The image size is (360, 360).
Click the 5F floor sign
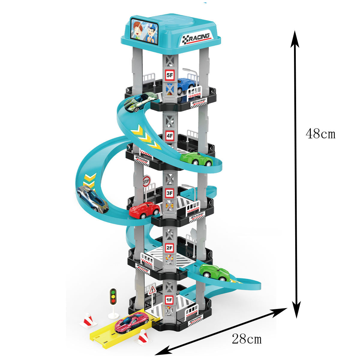[x=170, y=75]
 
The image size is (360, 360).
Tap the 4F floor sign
[x=170, y=136]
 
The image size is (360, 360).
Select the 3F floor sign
[x=170, y=193]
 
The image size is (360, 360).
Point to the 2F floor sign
[x=170, y=248]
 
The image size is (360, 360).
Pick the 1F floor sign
[x=169, y=299]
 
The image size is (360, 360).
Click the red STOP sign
[x=146, y=181]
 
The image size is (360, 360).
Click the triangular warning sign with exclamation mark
[x=152, y=290]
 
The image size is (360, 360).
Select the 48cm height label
[x=320, y=133]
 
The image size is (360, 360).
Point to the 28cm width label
[x=247, y=339]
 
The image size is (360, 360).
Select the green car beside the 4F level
[x=196, y=159]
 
